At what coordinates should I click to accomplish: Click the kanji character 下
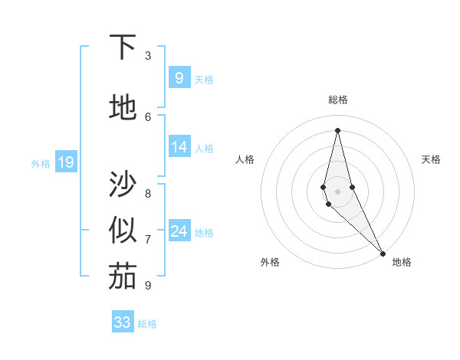pyautogui.click(x=123, y=47)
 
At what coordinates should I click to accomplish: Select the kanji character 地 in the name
pyautogui.click(x=123, y=107)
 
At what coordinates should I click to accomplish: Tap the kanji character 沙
pyautogui.click(x=123, y=184)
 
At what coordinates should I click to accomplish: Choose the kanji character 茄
pyautogui.click(x=123, y=277)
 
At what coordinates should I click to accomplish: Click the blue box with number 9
pyautogui.click(x=179, y=77)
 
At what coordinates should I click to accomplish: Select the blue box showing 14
pyautogui.click(x=179, y=147)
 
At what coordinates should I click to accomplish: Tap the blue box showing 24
pyautogui.click(x=179, y=231)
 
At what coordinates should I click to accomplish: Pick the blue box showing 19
pyautogui.click(x=65, y=162)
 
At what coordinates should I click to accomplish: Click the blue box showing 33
pyautogui.click(x=123, y=322)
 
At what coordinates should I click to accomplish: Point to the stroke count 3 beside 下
pyautogui.click(x=148, y=56)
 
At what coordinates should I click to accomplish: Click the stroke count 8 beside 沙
pyautogui.click(x=148, y=193)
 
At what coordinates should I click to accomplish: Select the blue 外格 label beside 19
pyautogui.click(x=40, y=163)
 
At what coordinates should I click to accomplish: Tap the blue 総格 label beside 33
pyautogui.click(x=147, y=324)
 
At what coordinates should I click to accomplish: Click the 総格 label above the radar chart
pyautogui.click(x=338, y=100)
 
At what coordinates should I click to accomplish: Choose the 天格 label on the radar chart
pyautogui.click(x=431, y=159)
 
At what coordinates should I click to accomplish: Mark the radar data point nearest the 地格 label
pyautogui.click(x=383, y=252)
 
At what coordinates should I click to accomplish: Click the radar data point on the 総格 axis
pyautogui.click(x=337, y=129)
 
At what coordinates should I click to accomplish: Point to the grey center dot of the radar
pyautogui.click(x=337, y=191)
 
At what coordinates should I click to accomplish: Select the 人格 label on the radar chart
pyautogui.click(x=245, y=159)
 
